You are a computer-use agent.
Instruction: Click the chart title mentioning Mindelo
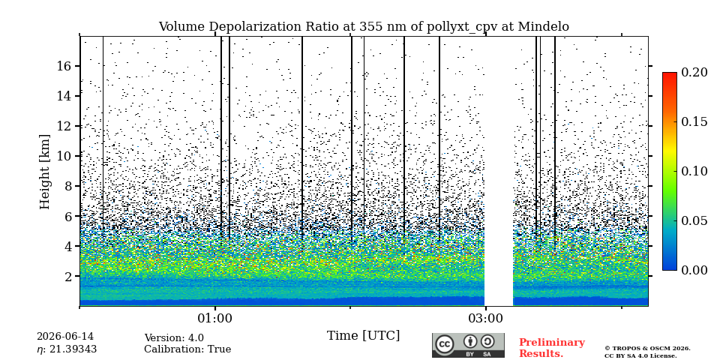click(x=364, y=27)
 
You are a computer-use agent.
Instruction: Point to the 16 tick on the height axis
click(x=64, y=66)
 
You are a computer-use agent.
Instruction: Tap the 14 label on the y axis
click(x=64, y=96)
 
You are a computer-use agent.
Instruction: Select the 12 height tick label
click(x=64, y=126)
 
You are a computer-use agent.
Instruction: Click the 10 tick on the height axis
click(x=64, y=156)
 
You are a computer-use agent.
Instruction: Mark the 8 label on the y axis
click(x=68, y=187)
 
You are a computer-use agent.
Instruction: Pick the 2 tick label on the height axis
click(x=68, y=277)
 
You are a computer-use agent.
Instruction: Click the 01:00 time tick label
click(x=215, y=318)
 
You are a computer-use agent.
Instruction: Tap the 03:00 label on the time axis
click(x=485, y=318)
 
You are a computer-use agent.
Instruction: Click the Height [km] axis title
click(x=44, y=172)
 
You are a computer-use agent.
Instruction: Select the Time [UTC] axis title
click(x=363, y=336)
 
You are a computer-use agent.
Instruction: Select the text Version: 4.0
click(x=174, y=338)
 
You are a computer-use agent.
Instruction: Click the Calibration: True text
click(x=187, y=349)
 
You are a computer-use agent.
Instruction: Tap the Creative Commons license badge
click(x=468, y=345)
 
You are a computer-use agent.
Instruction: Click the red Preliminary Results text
click(x=552, y=348)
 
